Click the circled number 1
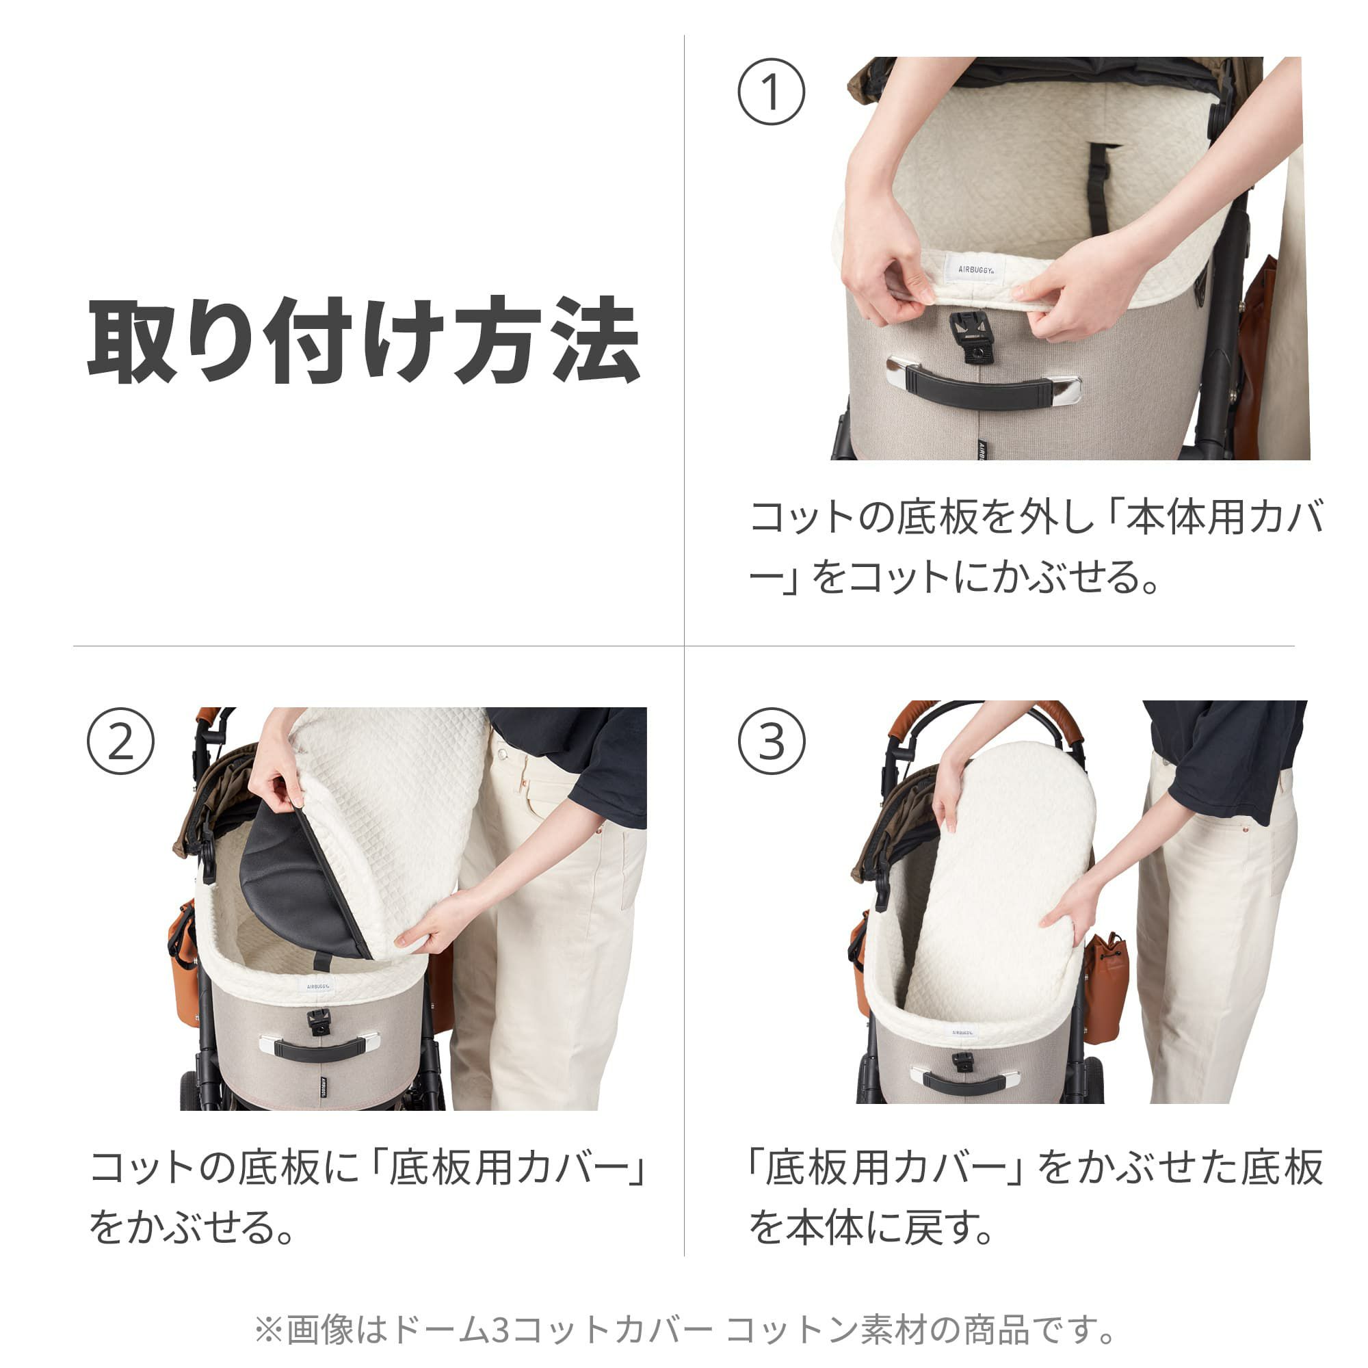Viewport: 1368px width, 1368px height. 771,92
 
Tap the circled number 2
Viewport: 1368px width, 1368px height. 120,741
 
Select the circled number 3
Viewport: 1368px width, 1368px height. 771,741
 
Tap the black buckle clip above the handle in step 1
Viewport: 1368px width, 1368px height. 971,337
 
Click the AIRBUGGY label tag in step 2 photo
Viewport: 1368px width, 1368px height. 321,986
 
